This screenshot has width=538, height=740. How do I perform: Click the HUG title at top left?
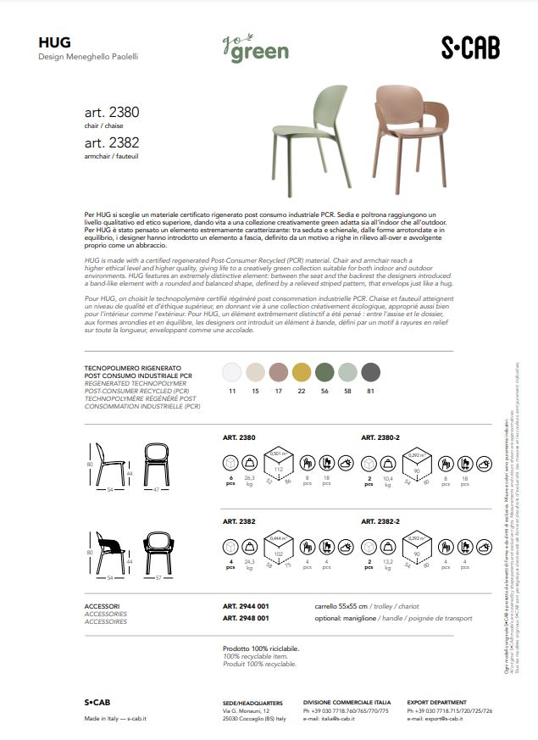click(54, 42)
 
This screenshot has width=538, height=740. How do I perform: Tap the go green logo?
click(255, 48)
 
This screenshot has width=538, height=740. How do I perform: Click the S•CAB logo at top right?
click(470, 48)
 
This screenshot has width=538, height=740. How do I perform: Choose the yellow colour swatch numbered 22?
click(301, 372)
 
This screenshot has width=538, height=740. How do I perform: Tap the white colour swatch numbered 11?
click(231, 372)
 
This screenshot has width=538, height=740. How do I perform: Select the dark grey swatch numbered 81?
click(371, 372)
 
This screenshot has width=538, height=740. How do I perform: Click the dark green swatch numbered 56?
click(324, 372)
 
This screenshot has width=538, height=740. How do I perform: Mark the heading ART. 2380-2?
click(380, 437)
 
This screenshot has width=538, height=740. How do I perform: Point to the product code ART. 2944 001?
click(246, 607)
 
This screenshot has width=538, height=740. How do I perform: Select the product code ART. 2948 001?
click(246, 618)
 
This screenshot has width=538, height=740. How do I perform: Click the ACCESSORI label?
click(103, 607)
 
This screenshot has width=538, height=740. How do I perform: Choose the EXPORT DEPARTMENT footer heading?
click(437, 703)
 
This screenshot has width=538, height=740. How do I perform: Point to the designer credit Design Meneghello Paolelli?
click(88, 57)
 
